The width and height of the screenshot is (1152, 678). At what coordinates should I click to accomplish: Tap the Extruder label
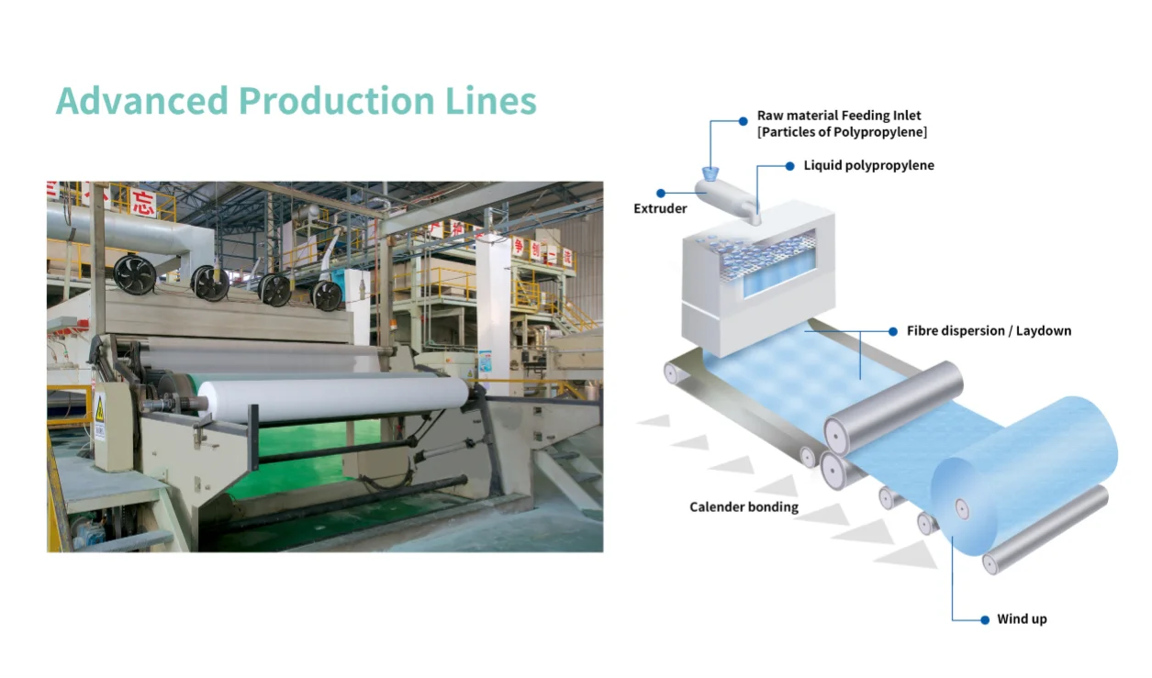(x=660, y=209)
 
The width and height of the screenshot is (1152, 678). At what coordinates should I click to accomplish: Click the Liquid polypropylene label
(x=868, y=166)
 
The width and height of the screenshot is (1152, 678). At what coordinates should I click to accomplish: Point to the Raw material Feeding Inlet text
(x=839, y=116)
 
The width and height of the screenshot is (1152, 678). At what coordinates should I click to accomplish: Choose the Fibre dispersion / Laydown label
(x=989, y=330)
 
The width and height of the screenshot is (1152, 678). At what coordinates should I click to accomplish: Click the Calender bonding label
(x=744, y=507)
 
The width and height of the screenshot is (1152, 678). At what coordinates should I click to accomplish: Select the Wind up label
(x=1022, y=619)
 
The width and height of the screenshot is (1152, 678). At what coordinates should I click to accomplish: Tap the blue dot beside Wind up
(x=986, y=619)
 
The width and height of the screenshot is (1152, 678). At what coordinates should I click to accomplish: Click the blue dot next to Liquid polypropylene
(x=790, y=166)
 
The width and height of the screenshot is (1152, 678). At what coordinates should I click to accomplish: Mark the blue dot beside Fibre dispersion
(x=893, y=330)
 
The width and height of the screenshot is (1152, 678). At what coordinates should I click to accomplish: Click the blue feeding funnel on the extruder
(x=710, y=172)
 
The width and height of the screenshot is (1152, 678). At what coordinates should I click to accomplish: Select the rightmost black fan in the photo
(x=327, y=295)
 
